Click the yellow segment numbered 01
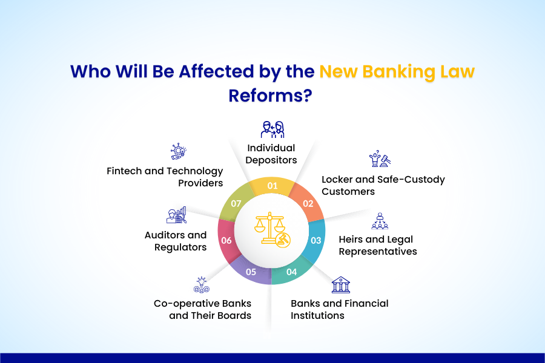click(x=272, y=186)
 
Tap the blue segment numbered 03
click(x=315, y=240)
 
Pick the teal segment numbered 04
click(x=291, y=271)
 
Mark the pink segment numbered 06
click(x=228, y=240)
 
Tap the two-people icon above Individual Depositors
click(x=272, y=129)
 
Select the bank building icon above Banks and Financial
click(x=340, y=285)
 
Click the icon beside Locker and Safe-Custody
click(x=380, y=160)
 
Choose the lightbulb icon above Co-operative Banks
click(x=202, y=285)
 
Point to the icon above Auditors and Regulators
click(x=176, y=215)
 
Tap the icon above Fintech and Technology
click(x=178, y=151)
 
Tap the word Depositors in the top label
click(x=271, y=160)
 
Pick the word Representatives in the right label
click(x=378, y=251)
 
